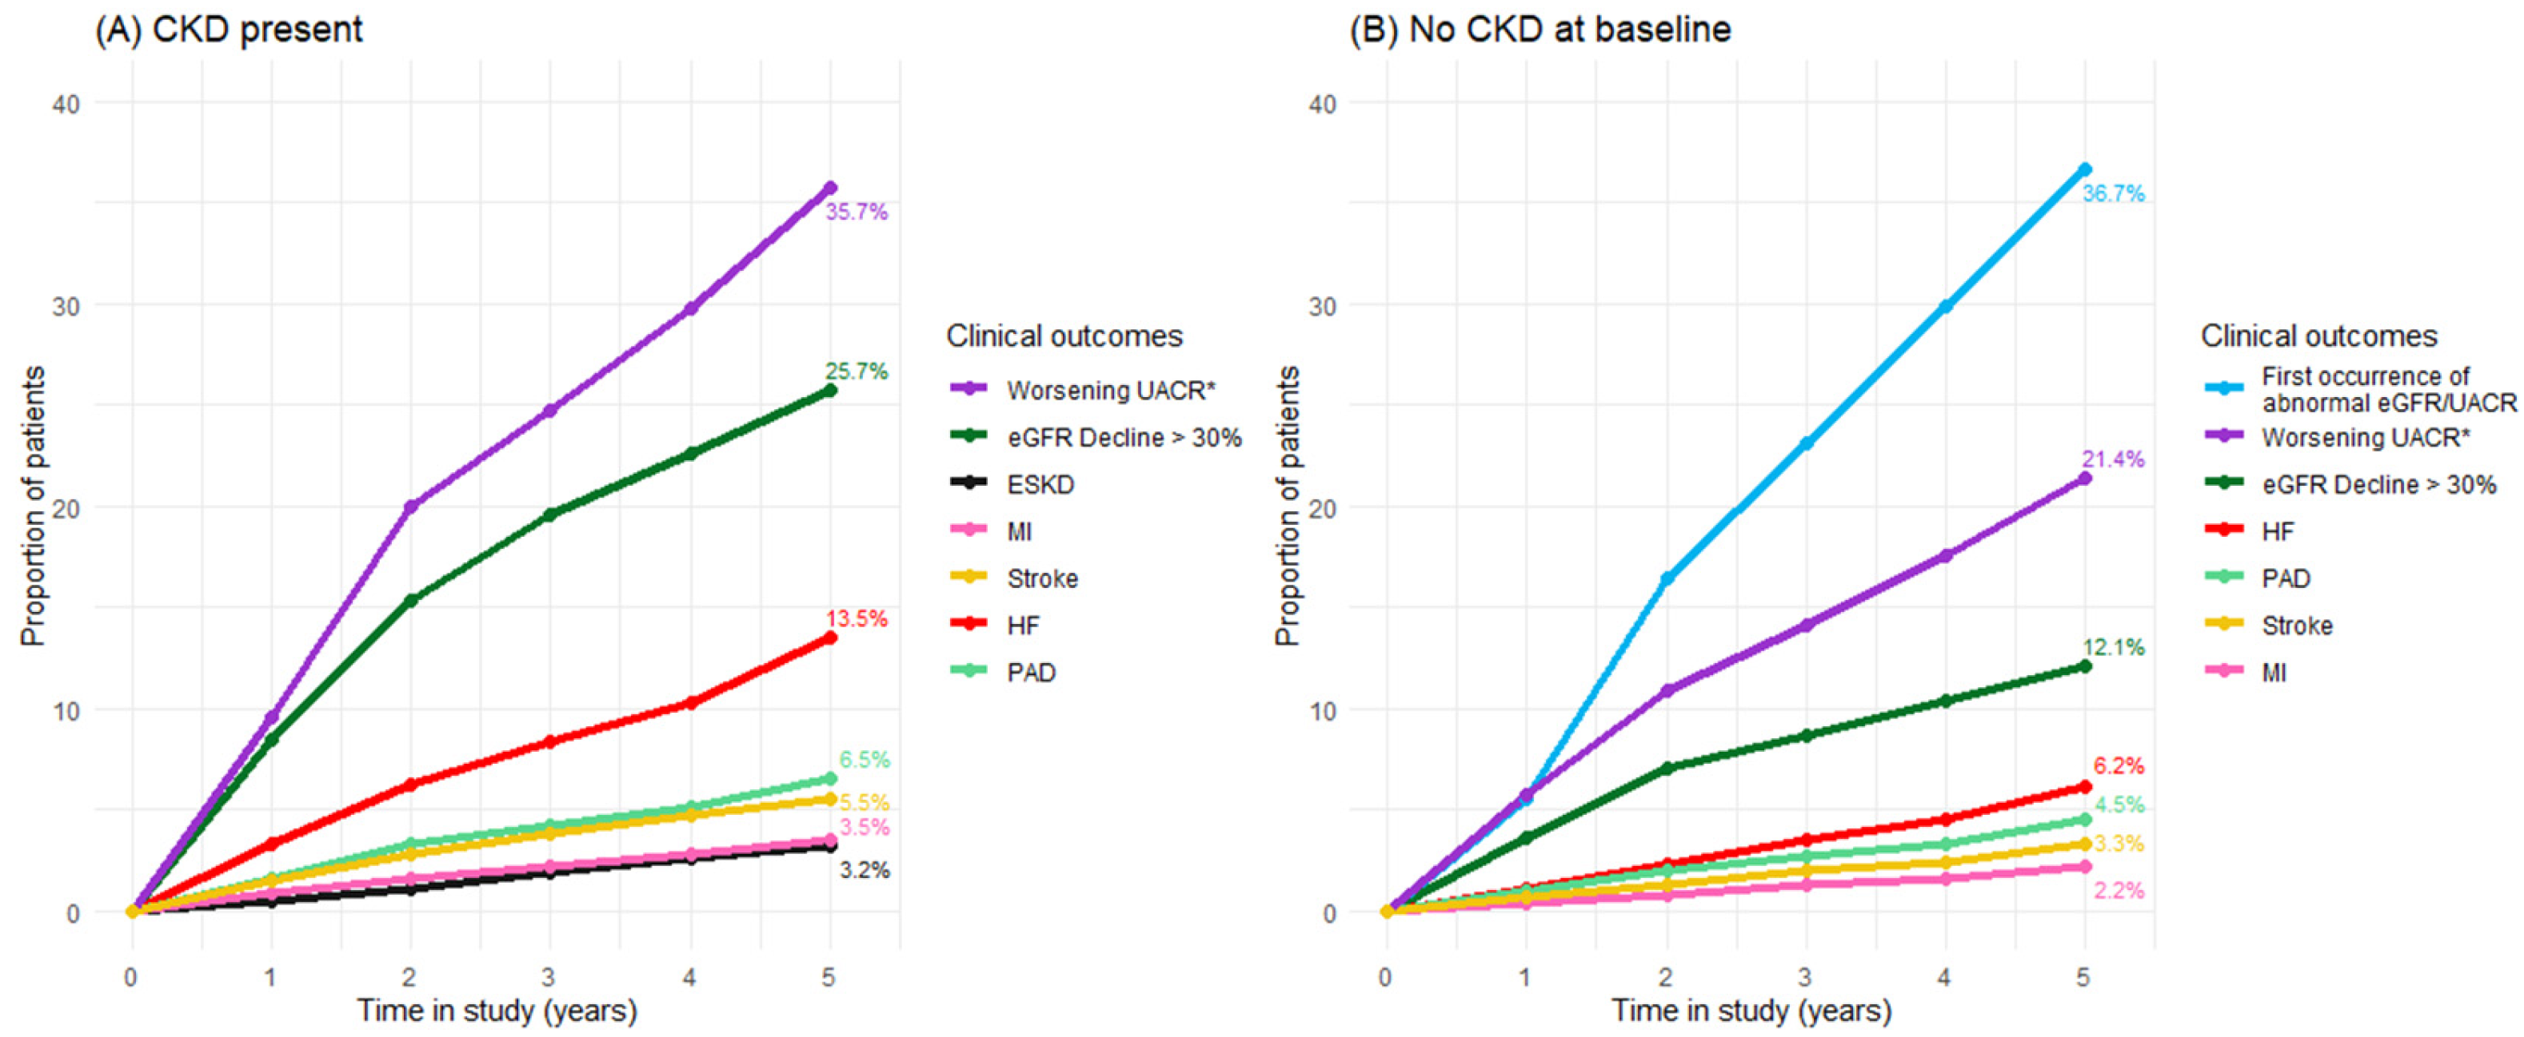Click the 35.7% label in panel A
[x=857, y=212]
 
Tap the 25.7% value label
[x=857, y=371]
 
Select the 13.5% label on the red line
[x=857, y=619]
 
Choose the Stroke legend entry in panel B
[x=2267, y=626]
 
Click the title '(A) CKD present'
[x=228, y=30]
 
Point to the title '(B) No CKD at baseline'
[x=1540, y=30]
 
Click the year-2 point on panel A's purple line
[x=410, y=507]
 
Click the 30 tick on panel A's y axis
[x=66, y=305]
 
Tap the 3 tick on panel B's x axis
[x=1805, y=976]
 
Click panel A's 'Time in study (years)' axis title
[x=497, y=1011]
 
